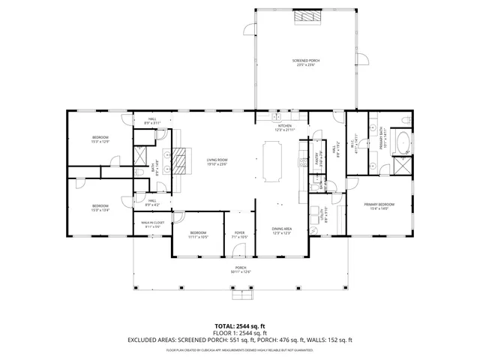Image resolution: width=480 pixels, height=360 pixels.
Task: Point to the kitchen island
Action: pyautogui.click(x=271, y=160)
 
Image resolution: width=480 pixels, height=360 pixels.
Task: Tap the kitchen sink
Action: pyautogui.click(x=286, y=118)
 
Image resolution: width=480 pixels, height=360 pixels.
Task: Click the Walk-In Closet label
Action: pyautogui.click(x=153, y=225)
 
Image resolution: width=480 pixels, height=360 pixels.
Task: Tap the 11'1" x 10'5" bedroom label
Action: pyautogui.click(x=198, y=234)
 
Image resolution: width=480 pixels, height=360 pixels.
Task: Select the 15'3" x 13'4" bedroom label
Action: pyautogui.click(x=100, y=208)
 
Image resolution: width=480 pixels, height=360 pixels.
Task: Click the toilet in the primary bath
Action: pyautogui.click(x=405, y=120)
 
